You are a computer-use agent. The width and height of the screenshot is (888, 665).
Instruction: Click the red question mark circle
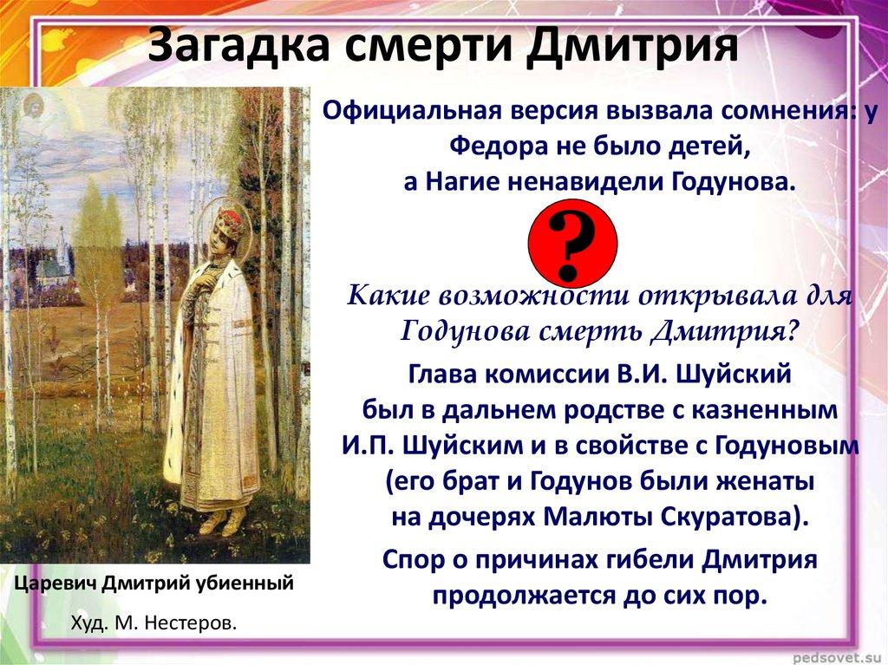[572, 242]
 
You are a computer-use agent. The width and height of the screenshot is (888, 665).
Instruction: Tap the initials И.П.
[362, 447]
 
